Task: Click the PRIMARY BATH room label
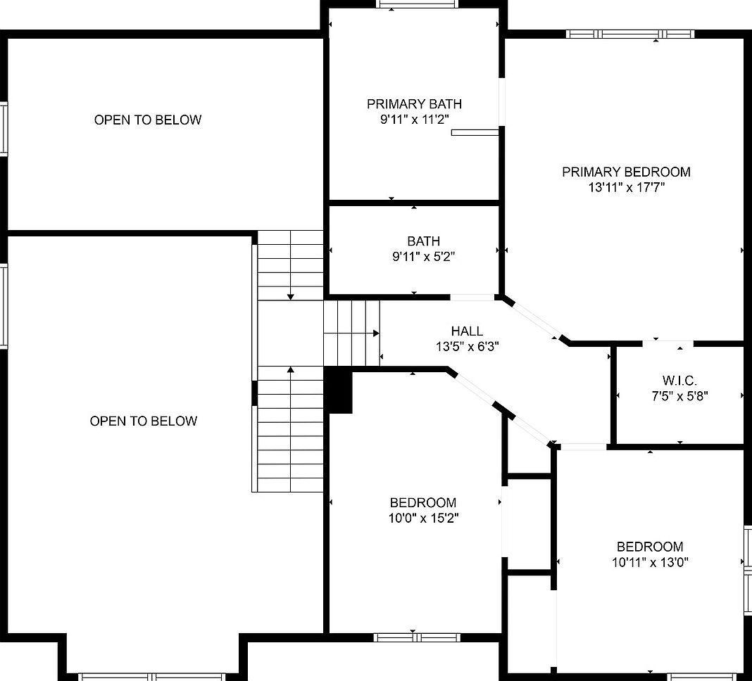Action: tap(414, 104)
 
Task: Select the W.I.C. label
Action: tap(679, 380)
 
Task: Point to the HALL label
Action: tap(467, 331)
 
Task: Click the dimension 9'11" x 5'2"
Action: tap(423, 257)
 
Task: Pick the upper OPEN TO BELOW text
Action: tap(148, 120)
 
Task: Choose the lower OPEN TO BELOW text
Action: tap(144, 421)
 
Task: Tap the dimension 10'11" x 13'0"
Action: tap(650, 562)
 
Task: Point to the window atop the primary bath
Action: tap(414, 4)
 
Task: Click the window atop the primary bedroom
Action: tap(629, 34)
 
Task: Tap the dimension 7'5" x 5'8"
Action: tap(679, 395)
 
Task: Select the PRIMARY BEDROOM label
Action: tap(626, 172)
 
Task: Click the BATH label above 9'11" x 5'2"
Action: tap(423, 241)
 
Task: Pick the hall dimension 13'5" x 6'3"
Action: tap(467, 346)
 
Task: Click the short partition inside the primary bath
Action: tap(475, 132)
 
